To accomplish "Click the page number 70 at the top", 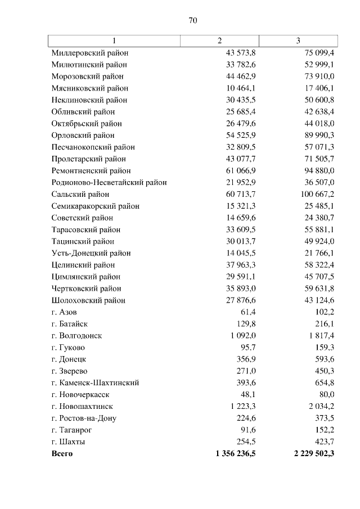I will (x=192, y=20).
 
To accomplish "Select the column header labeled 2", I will (x=220, y=40).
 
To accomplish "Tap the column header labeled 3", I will (x=298, y=40).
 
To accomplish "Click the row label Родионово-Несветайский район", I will (x=109, y=182).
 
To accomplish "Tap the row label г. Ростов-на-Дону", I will (x=84, y=418).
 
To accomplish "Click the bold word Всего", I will (x=62, y=453).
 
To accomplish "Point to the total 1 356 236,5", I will (x=232, y=453).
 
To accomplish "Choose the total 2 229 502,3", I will (x=310, y=453).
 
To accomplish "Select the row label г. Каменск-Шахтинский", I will (x=95, y=382).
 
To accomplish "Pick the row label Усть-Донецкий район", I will (x=91, y=253).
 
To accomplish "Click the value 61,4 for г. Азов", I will (x=248, y=312).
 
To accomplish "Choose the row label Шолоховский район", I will (x=88, y=300).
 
